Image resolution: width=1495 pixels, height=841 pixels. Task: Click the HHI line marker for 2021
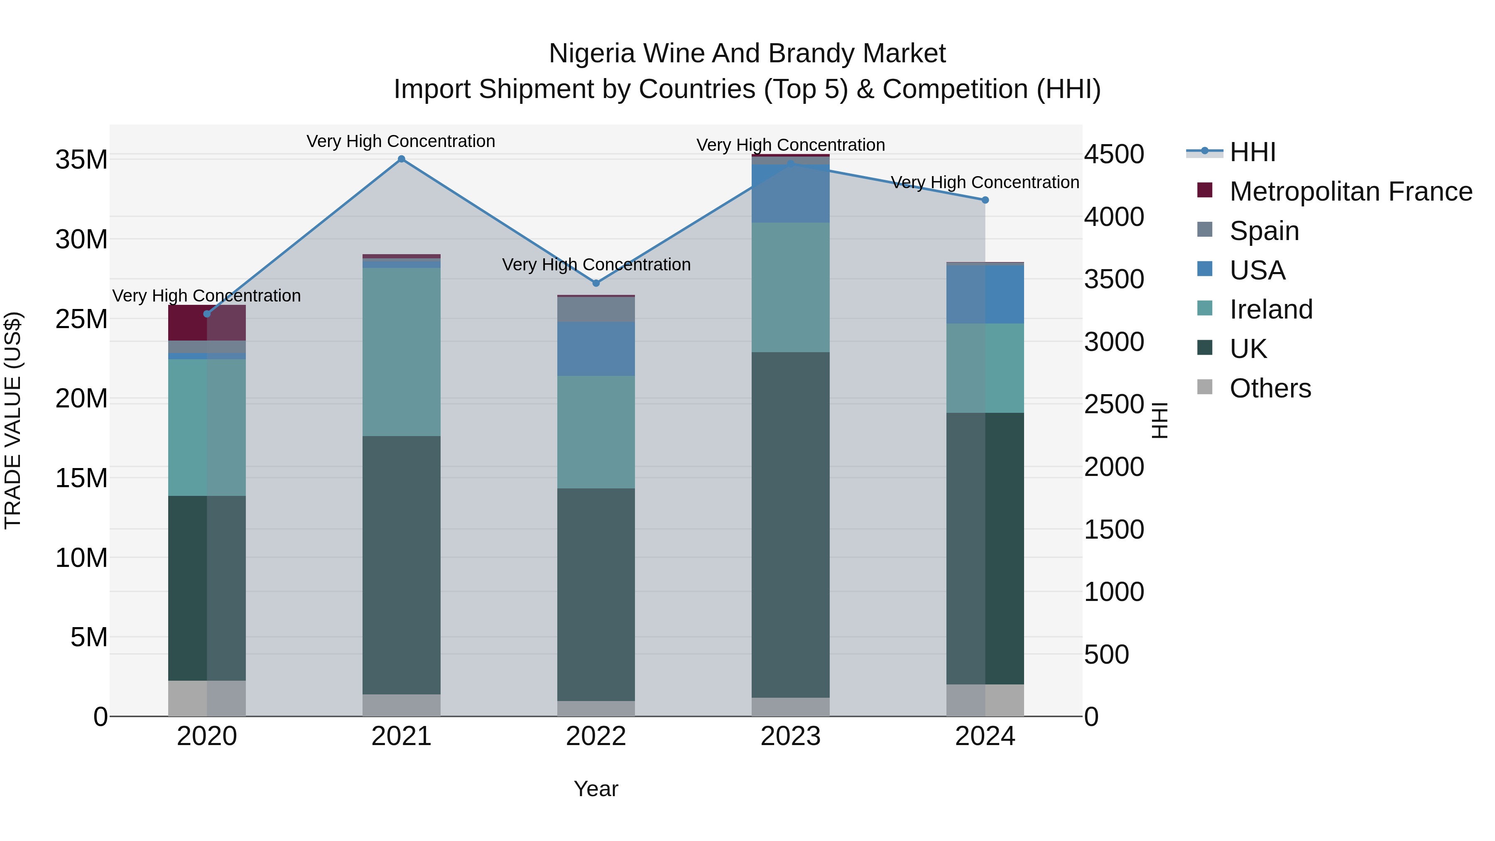point(401,159)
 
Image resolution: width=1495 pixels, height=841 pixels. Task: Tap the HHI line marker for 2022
point(596,283)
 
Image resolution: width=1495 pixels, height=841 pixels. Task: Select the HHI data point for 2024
point(985,200)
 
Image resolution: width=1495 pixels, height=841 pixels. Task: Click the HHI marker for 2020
point(207,314)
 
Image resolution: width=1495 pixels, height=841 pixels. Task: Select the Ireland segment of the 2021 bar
point(401,352)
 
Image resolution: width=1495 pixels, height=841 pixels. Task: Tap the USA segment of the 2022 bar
point(596,349)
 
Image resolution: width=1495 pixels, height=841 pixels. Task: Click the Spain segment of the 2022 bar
point(596,309)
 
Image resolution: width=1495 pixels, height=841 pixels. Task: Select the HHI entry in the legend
point(1252,152)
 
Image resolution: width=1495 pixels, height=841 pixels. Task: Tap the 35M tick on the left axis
point(81,159)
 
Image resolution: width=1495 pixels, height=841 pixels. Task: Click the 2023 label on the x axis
point(790,736)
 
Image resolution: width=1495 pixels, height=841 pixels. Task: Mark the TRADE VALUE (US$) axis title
point(13,420)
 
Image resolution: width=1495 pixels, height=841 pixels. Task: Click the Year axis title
point(596,789)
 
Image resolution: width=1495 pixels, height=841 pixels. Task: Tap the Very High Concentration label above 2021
point(401,141)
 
